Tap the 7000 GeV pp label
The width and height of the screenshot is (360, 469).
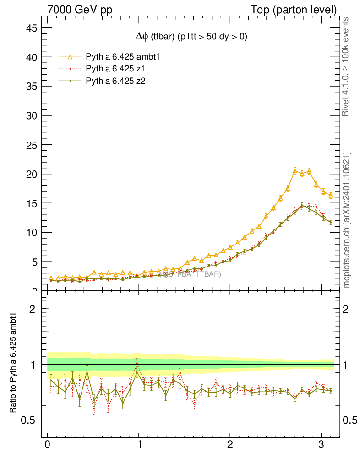tap(81, 10)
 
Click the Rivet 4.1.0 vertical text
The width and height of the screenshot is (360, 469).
tap(347, 67)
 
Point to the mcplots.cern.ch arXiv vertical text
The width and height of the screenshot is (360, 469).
tap(347, 220)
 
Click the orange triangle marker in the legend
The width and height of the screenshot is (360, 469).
tap(70, 57)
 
